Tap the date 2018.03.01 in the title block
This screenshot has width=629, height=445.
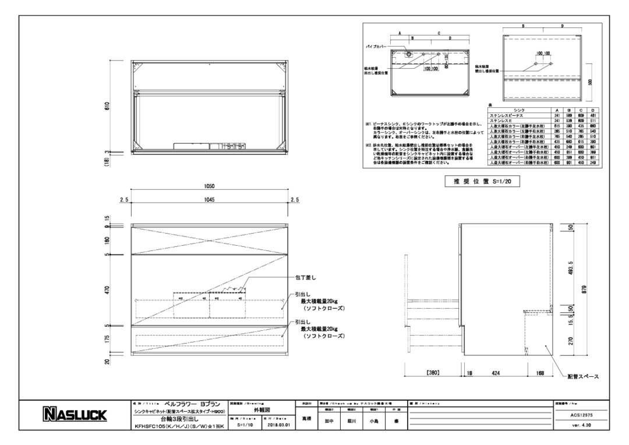coord(277,425)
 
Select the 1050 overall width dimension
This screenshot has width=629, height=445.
coord(210,186)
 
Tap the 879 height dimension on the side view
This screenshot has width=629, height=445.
coord(583,293)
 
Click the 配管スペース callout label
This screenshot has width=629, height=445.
coord(584,377)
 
